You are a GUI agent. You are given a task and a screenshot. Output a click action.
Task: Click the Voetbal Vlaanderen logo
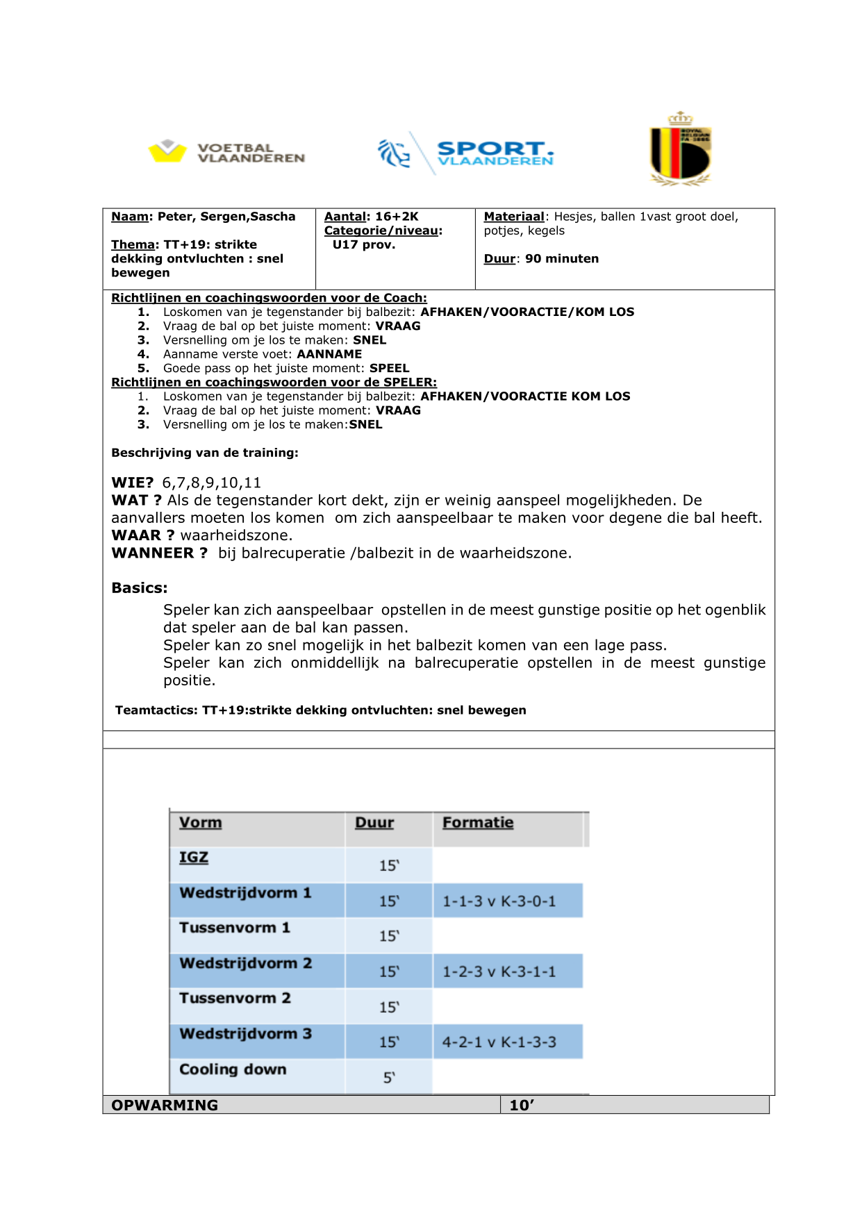[226, 152]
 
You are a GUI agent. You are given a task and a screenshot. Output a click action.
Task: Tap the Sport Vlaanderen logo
[465, 153]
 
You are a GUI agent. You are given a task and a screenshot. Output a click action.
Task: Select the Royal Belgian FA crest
[680, 149]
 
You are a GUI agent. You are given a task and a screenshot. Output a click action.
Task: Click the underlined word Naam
[129, 217]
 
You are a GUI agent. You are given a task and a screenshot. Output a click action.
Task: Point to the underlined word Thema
[133, 244]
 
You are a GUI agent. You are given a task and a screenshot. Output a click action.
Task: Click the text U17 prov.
[363, 244]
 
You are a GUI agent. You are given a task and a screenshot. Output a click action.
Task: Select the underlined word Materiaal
[514, 217]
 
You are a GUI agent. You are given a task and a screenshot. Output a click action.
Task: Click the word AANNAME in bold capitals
[329, 354]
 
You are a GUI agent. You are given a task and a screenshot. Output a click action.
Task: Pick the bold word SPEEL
[389, 368]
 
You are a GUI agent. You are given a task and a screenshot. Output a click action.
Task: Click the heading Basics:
[139, 588]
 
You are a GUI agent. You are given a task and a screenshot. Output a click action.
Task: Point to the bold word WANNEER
[153, 553]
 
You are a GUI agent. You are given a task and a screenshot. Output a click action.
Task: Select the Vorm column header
[200, 823]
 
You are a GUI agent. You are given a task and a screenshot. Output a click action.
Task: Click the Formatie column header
[478, 823]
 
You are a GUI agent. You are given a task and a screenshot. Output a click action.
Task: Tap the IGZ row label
[193, 858]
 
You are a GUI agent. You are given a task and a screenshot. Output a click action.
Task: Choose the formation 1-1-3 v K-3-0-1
[499, 901]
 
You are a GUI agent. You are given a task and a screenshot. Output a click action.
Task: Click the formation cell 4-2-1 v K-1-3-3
[499, 1042]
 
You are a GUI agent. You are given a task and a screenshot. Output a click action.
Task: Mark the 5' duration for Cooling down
[389, 1078]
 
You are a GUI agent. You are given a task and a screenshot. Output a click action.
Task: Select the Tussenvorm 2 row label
[235, 999]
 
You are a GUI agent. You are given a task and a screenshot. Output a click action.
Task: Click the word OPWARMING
[165, 1106]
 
